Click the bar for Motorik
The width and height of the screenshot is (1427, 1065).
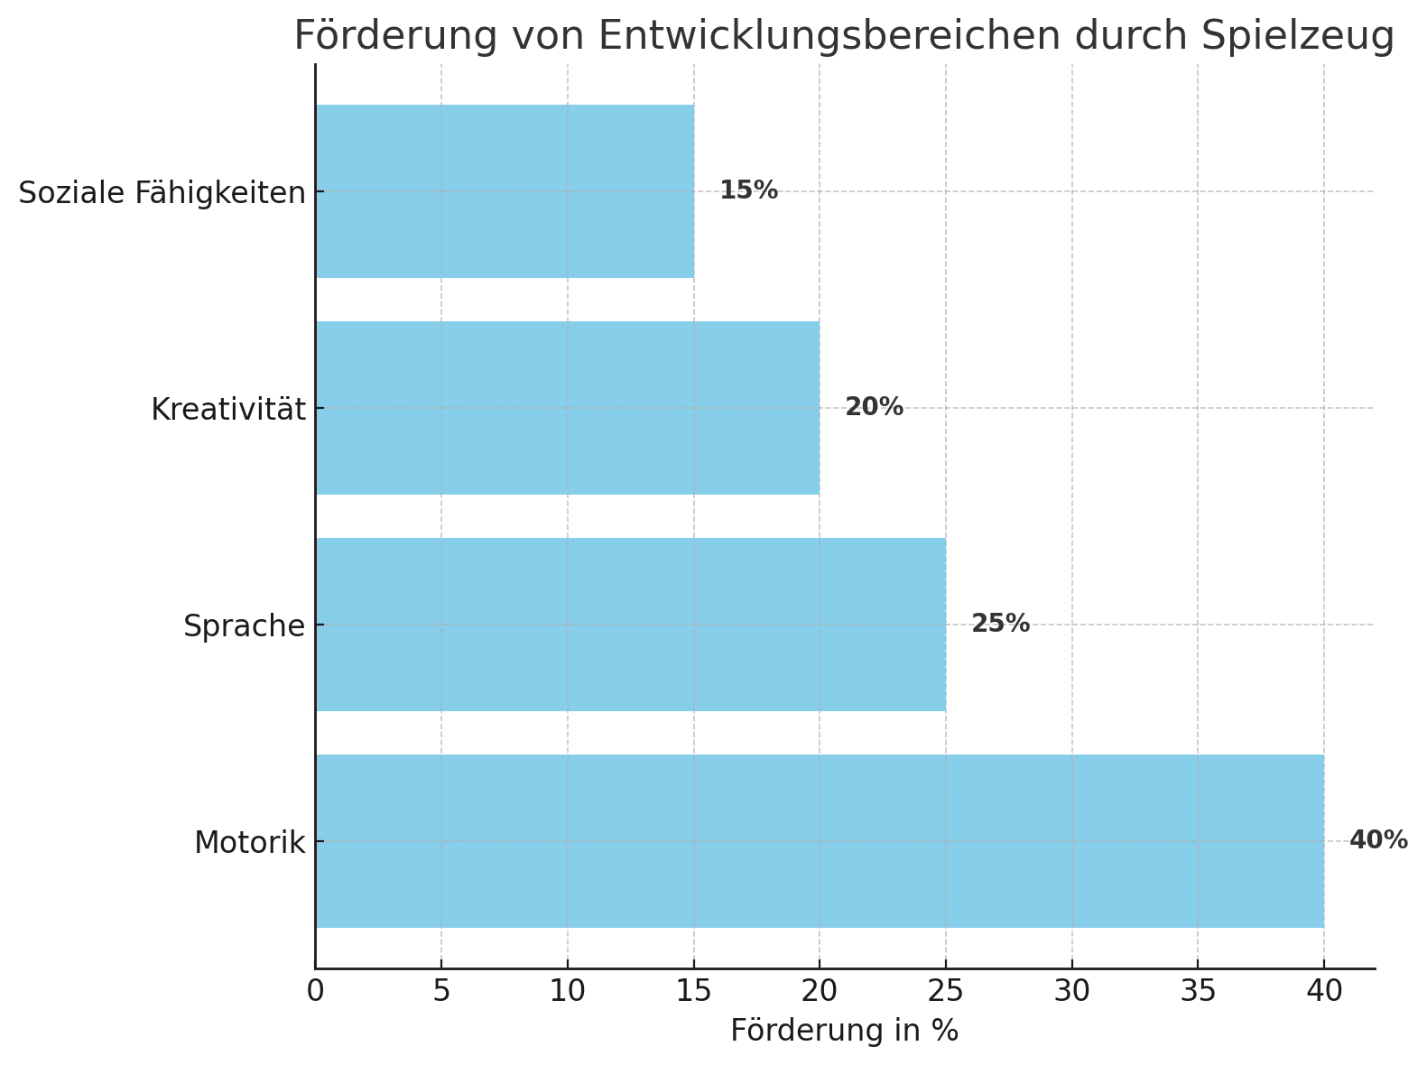[x=820, y=841]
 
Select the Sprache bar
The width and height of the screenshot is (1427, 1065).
[x=630, y=625]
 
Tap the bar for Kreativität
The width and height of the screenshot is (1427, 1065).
[x=567, y=408]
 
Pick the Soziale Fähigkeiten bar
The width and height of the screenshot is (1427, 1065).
[x=505, y=191]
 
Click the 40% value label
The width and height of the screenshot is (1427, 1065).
[x=1378, y=840]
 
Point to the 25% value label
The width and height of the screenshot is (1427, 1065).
[x=1000, y=624]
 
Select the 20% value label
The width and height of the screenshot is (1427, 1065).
[x=874, y=407]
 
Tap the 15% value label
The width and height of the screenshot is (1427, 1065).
[x=748, y=190]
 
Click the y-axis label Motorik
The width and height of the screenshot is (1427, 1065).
[x=250, y=843]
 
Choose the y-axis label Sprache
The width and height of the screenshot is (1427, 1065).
[x=245, y=626]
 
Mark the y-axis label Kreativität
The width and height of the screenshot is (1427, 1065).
[x=228, y=410]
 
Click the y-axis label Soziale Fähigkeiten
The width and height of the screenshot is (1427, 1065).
[x=162, y=193]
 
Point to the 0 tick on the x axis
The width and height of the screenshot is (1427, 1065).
[x=315, y=992]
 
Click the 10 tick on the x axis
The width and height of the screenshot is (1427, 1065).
[x=567, y=992]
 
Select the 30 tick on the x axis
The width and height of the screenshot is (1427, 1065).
[x=1071, y=992]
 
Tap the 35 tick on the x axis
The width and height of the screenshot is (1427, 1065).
[x=1198, y=992]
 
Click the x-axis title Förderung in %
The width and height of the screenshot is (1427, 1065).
[x=844, y=1031]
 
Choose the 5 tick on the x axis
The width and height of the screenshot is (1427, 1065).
[x=441, y=992]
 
